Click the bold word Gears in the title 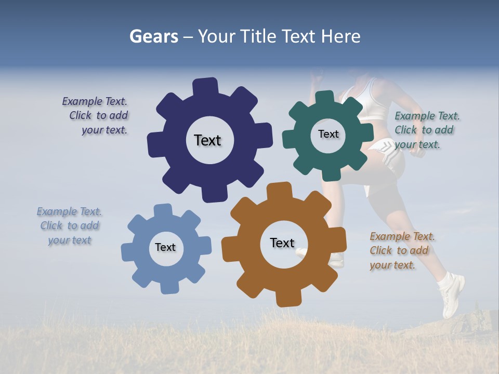coord(154,36)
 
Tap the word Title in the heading coord(260,36)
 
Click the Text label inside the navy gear coord(207,140)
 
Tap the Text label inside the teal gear coord(328,134)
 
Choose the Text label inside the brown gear coord(282,243)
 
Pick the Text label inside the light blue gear coord(165,247)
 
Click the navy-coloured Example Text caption coord(97,116)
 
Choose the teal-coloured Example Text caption coord(426,130)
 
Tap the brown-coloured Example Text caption coord(401,250)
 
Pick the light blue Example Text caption coord(70,225)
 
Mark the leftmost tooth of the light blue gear coord(128,251)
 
